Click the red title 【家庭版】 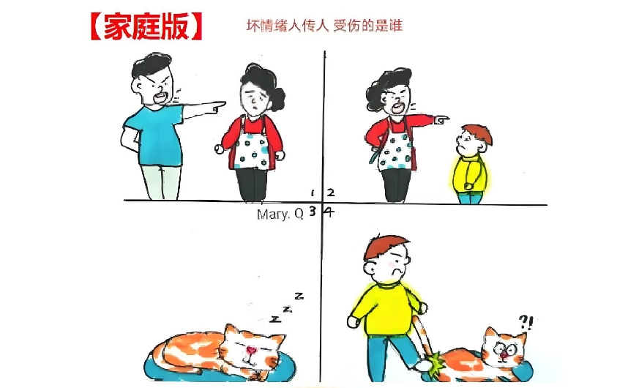coord(146,26)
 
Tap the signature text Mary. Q coord(280,214)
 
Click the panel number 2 coord(331,193)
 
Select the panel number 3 coord(313,211)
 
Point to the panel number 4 coord(329,212)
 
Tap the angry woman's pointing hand coord(441,119)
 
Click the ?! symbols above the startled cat coord(526,322)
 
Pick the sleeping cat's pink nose coord(252,349)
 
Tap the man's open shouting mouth coord(160,98)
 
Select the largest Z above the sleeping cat coord(299,296)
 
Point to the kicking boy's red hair coord(385,246)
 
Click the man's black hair coord(151,65)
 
